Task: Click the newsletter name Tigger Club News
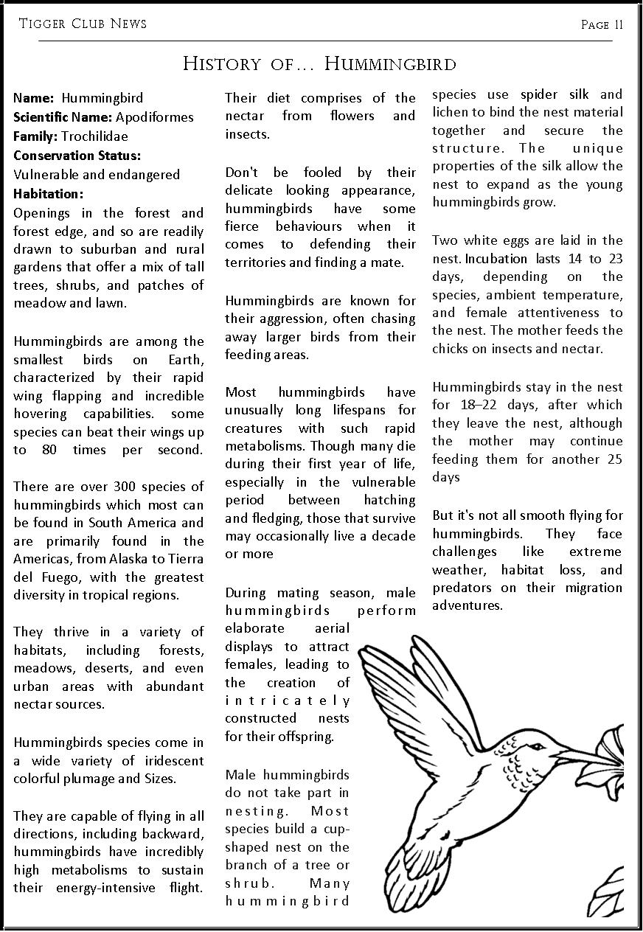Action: tap(83, 24)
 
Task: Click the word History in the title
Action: tap(220, 63)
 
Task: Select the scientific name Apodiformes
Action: tap(154, 116)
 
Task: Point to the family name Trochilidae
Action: tap(94, 136)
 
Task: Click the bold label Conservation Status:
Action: tap(77, 155)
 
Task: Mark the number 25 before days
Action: tap(614, 459)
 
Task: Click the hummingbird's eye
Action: tap(538, 746)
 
